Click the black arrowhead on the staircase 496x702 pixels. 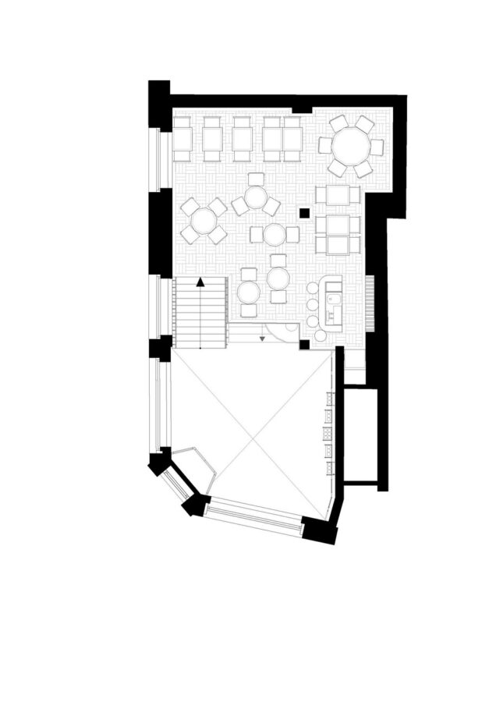tap(200, 282)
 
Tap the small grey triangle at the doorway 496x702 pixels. tap(264, 338)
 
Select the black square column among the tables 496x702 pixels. tap(305, 211)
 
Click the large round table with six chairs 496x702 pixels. tap(351, 145)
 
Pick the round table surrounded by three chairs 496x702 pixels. tap(256, 200)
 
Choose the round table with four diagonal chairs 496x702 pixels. tap(204, 221)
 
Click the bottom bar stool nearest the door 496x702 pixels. tap(321, 335)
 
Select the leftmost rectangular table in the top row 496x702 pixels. tap(182, 139)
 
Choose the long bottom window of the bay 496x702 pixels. tap(254, 516)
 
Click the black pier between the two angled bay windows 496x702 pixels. tap(193, 505)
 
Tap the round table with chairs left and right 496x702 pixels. tap(274, 233)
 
